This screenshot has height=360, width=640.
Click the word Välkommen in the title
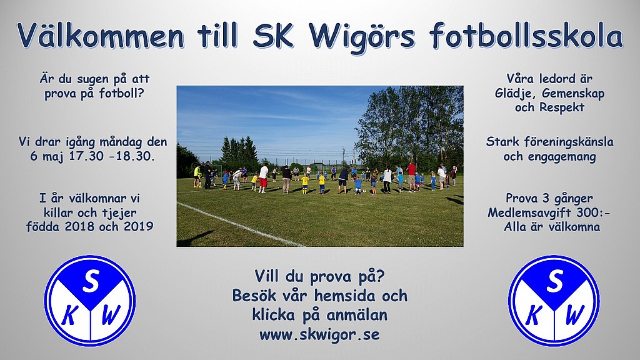click(101, 35)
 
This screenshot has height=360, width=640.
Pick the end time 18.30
click(137, 156)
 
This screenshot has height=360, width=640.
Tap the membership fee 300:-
click(592, 212)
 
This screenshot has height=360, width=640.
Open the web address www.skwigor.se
click(319, 335)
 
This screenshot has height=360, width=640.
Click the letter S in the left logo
click(90, 282)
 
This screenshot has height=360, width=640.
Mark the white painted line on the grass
click(241, 224)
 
